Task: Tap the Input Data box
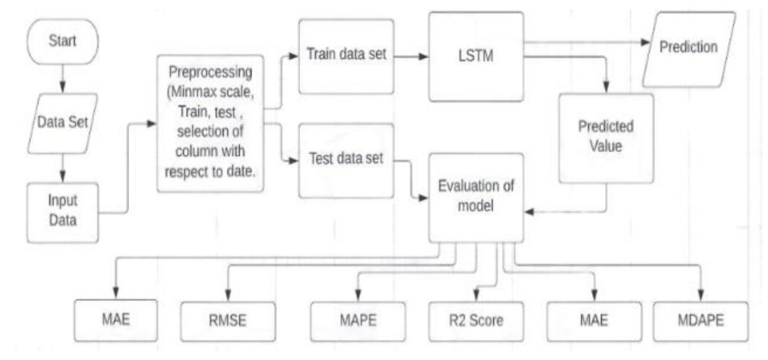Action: pyautogui.click(x=63, y=211)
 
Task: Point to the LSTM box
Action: pyautogui.click(x=475, y=57)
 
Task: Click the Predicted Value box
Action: pyautogui.click(x=606, y=137)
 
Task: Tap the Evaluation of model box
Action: pyautogui.click(x=475, y=199)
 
